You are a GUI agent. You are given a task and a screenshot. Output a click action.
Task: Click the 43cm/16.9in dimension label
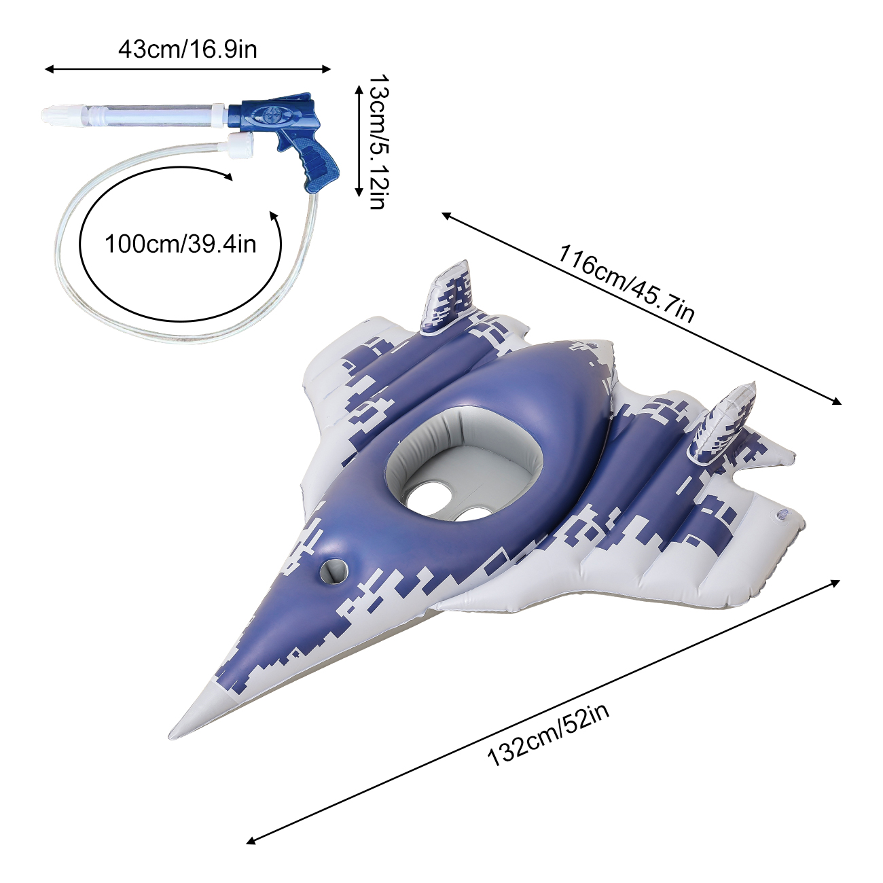coord(188,50)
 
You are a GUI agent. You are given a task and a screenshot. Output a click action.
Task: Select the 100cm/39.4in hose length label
coord(181,244)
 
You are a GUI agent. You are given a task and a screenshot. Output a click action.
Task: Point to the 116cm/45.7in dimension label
coord(626,284)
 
